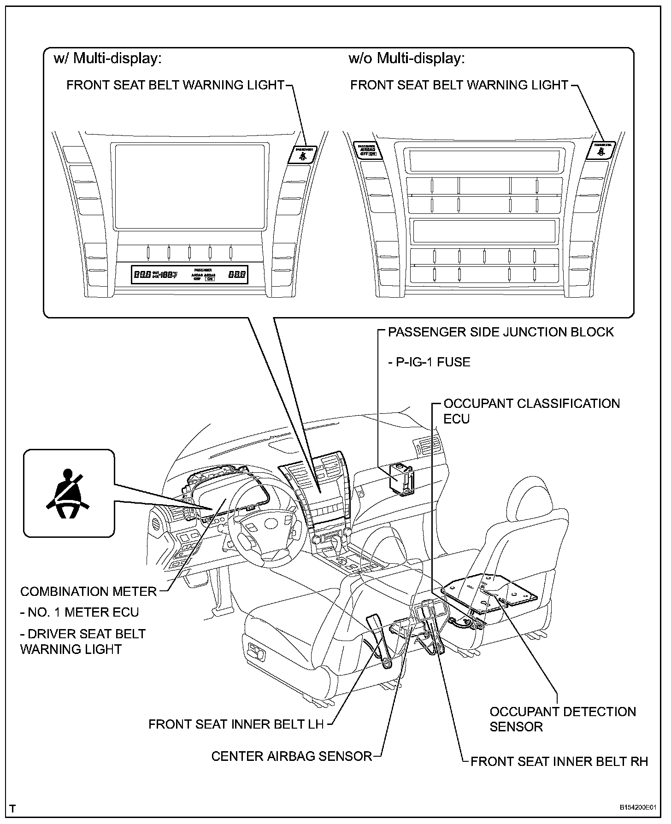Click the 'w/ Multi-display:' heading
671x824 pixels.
click(107, 59)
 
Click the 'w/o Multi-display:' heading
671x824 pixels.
click(406, 59)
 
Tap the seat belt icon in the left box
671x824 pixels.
click(68, 494)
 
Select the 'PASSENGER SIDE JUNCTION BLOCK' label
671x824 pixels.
click(500, 332)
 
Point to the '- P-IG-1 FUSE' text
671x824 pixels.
click(429, 362)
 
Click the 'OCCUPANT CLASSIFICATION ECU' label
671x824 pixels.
click(531, 411)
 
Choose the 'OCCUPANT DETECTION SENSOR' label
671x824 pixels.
click(562, 719)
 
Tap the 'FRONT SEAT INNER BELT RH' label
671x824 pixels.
click(559, 761)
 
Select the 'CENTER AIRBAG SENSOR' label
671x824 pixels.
click(291, 756)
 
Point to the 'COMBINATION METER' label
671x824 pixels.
click(88, 591)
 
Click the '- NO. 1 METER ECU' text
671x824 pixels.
click(79, 612)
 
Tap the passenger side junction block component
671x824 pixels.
click(400, 479)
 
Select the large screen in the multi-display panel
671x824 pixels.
click(189, 186)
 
